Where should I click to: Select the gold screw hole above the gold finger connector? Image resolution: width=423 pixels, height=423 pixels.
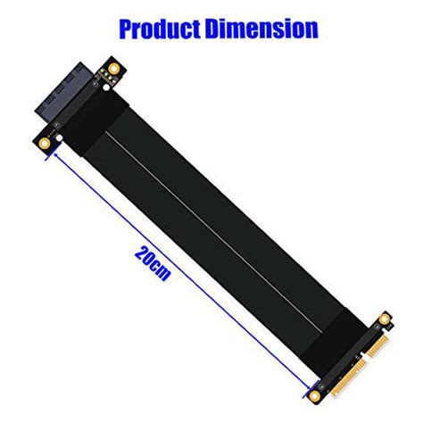385,317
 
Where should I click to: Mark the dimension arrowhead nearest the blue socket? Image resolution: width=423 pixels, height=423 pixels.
58,153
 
